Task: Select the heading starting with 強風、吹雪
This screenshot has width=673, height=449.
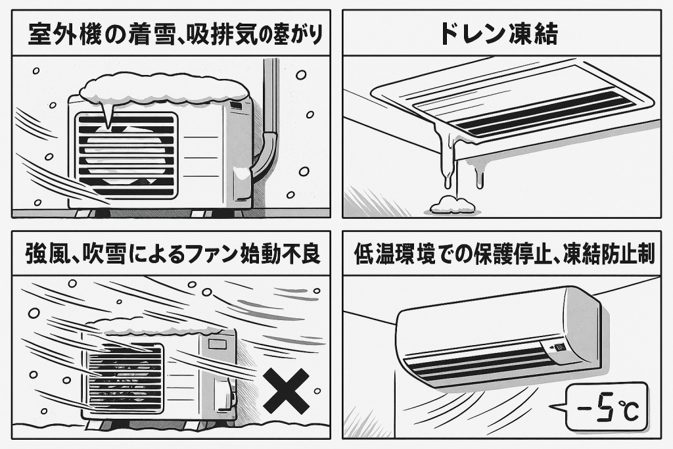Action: click(x=174, y=253)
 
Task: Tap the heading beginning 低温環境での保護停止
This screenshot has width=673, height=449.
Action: click(x=504, y=253)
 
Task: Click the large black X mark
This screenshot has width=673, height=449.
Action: click(x=285, y=391)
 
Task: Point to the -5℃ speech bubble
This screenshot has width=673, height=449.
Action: click(x=605, y=406)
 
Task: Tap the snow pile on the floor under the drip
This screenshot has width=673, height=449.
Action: click(x=452, y=205)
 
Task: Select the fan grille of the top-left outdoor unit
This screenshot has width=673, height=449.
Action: click(x=126, y=155)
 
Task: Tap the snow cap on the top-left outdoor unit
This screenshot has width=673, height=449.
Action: click(x=164, y=89)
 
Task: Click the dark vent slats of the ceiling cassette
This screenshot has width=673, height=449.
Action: click(x=539, y=113)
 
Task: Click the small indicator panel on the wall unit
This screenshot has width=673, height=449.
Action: click(x=556, y=346)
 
